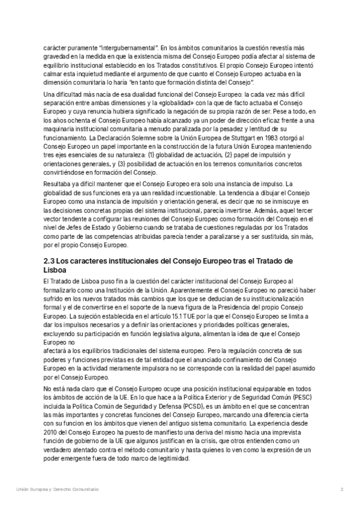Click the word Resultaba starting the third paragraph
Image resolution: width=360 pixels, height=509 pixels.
coord(59,167)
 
